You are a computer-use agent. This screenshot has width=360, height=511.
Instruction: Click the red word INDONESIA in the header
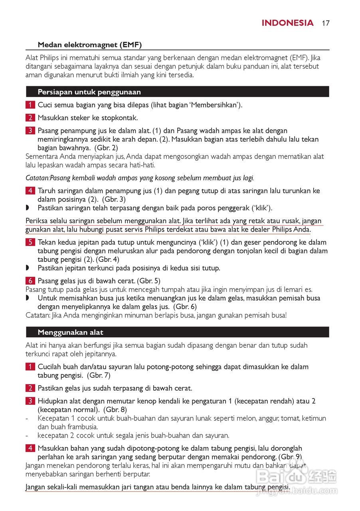click(x=287, y=23)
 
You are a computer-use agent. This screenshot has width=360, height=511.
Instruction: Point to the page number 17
click(x=326, y=23)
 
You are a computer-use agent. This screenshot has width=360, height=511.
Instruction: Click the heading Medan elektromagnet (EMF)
click(x=89, y=45)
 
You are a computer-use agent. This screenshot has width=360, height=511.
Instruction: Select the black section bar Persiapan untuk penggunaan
click(x=177, y=92)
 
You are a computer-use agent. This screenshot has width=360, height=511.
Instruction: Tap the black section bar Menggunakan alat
click(x=177, y=332)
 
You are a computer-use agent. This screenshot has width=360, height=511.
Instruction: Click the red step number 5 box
click(x=30, y=242)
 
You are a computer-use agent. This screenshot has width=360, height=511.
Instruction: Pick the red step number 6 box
click(x=30, y=281)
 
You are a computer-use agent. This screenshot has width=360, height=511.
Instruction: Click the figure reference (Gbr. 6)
click(x=185, y=307)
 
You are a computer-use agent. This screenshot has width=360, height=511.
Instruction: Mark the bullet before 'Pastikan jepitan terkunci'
click(x=28, y=268)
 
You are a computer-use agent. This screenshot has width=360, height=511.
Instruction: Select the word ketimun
click(x=313, y=418)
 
